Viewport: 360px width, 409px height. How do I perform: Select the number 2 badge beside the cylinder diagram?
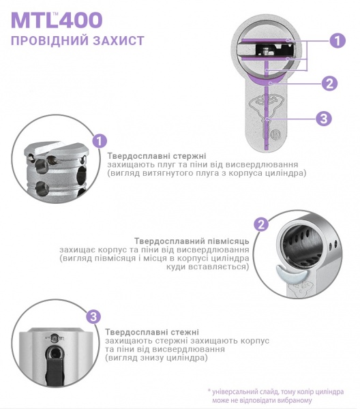pos(329,83)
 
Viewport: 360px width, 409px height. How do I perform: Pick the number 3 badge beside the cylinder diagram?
pos(324,119)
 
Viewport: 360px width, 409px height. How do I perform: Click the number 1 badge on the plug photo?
pos(100,141)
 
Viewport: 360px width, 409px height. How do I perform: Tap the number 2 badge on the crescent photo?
pos(261,225)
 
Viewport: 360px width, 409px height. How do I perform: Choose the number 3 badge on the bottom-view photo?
pos(94,316)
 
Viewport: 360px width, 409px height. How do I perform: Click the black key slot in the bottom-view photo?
pos(54,365)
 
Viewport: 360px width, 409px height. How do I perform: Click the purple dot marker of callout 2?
pos(271,83)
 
